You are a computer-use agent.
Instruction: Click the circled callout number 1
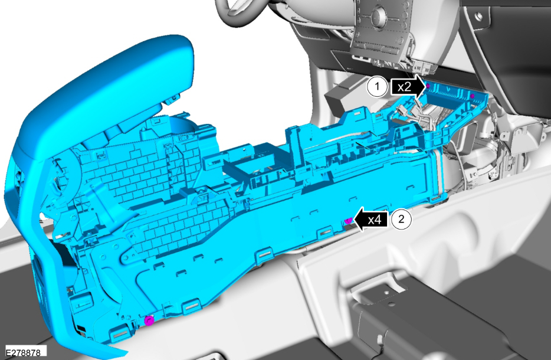click(x=377, y=86)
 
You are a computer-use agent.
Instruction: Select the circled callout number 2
click(x=401, y=220)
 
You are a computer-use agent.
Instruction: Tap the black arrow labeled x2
click(x=408, y=87)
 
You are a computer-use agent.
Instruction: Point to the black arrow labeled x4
click(x=370, y=220)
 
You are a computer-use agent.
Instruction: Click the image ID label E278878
click(x=23, y=352)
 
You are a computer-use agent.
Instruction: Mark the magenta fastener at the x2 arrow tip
click(x=428, y=86)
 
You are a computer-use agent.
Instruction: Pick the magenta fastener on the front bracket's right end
click(x=473, y=96)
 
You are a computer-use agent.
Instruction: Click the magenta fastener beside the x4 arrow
click(x=348, y=221)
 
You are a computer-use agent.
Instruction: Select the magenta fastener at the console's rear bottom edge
click(x=149, y=320)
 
